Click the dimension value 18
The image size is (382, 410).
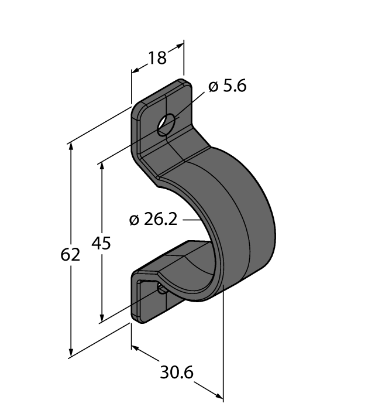[x=157, y=57]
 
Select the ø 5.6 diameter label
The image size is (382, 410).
[x=228, y=87]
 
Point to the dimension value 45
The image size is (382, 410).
[x=102, y=242]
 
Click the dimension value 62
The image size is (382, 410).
[x=71, y=255]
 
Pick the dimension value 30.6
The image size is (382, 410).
[x=177, y=373]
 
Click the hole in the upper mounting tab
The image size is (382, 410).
[x=166, y=124]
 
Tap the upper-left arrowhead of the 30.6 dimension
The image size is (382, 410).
[x=135, y=348]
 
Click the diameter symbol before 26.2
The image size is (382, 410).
[x=133, y=220]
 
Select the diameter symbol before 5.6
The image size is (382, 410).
[x=213, y=87]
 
